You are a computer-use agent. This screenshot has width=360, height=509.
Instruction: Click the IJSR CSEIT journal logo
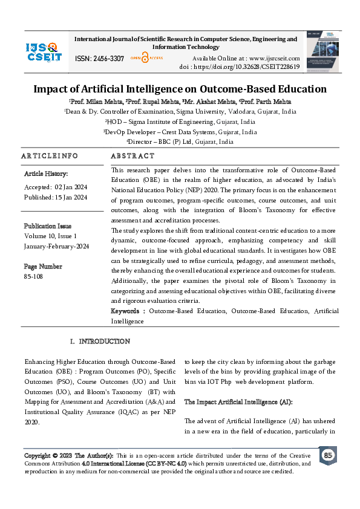point(44,51)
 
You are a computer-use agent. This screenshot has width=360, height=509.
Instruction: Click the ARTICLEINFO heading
point(50,156)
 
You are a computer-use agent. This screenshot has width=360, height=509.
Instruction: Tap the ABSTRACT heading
point(133,156)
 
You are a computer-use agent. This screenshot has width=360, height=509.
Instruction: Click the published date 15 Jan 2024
point(71,198)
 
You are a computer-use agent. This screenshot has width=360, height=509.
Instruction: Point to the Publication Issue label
point(48,226)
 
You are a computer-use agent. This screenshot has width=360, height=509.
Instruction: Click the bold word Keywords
point(125,311)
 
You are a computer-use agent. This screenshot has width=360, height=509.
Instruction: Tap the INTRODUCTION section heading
point(105,342)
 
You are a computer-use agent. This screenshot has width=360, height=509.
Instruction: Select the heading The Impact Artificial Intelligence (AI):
point(238,402)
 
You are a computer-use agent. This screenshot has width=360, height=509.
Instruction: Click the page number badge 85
point(328,455)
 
